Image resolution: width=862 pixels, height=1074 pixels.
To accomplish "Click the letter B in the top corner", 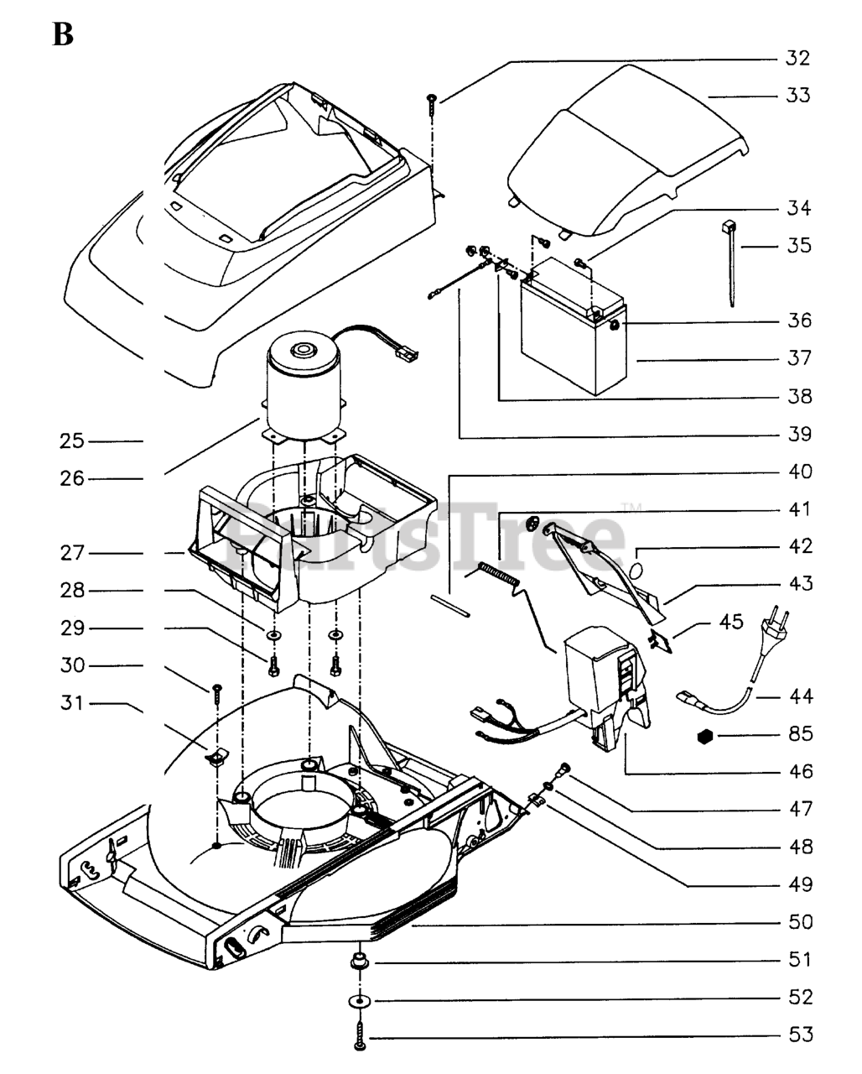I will click(64, 34).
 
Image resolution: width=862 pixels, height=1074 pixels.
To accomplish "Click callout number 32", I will click(797, 58).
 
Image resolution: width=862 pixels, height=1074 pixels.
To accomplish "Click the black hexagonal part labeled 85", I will click(704, 736).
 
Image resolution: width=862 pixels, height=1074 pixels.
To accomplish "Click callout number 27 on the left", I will click(71, 554).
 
